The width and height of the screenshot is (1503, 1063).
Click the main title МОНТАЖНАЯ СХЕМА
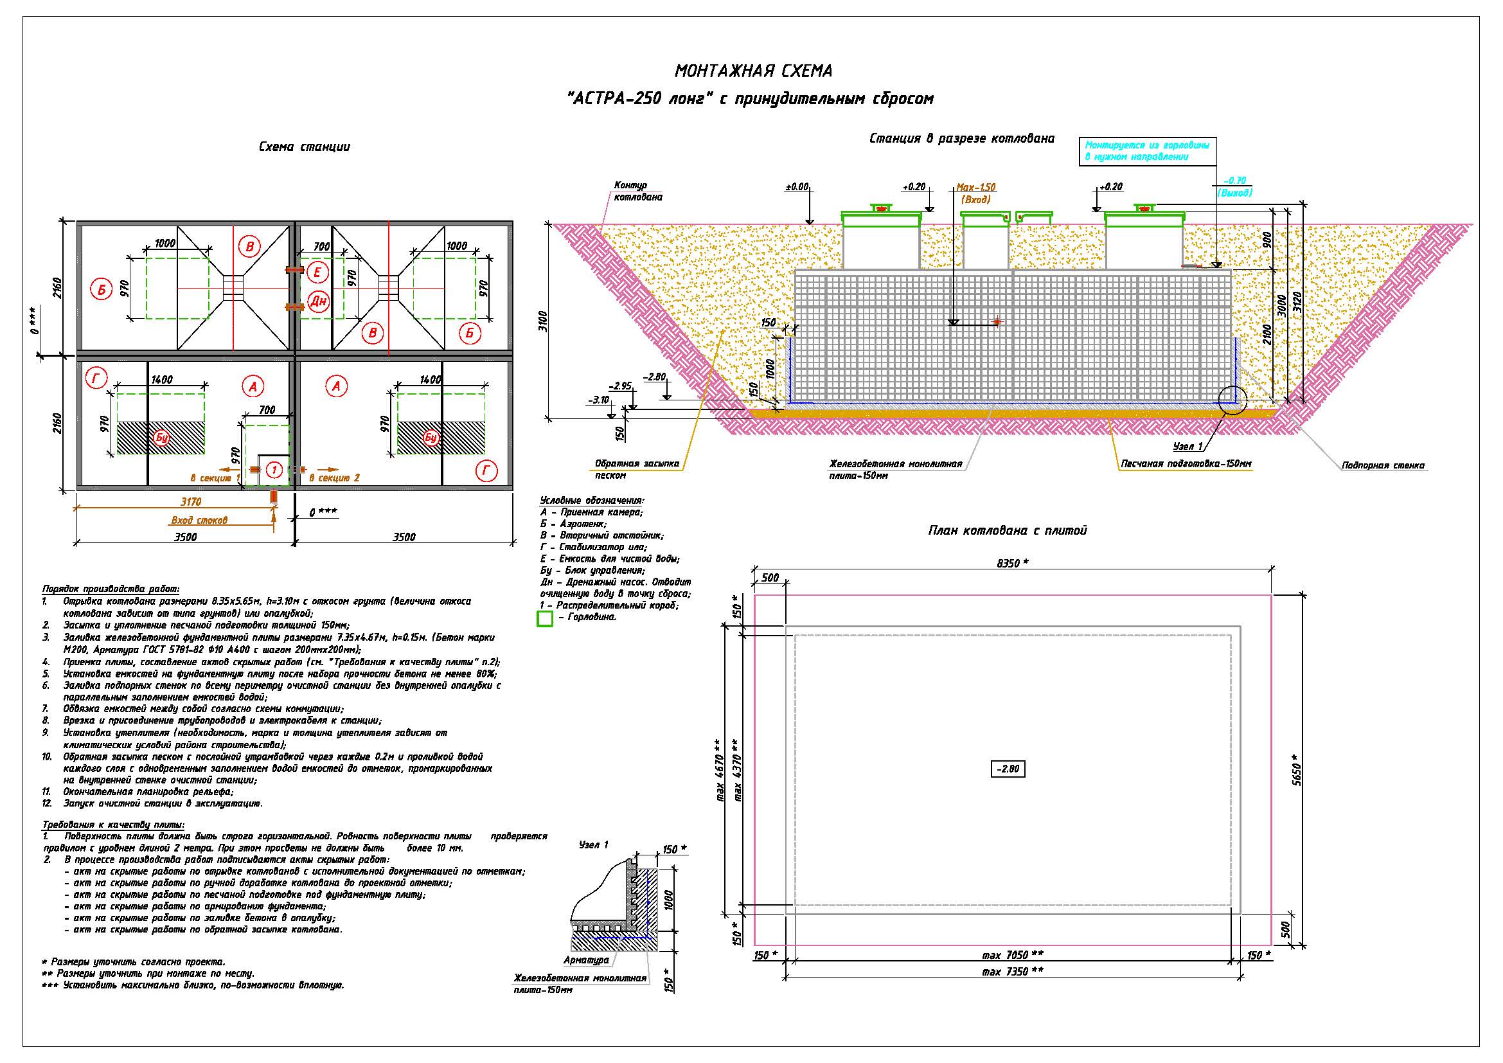pos(754,71)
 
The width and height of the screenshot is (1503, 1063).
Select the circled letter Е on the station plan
pos(317,272)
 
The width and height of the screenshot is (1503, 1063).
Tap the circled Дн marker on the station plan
pos(318,301)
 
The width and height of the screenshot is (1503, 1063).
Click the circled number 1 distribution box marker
pos(275,470)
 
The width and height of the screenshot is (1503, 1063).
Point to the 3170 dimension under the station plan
pos(191,502)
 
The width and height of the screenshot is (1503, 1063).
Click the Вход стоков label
pos(200,521)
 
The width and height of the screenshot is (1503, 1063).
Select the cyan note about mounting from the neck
pos(1147,151)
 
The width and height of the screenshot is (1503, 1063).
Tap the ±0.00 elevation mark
pos(797,187)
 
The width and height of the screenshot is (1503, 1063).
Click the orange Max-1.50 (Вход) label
pos(976,193)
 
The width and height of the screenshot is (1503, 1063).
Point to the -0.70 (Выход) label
pos(1234,187)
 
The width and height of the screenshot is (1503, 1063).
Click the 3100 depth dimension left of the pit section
pos(543,321)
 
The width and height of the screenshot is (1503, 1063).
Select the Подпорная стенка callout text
pos(1383,466)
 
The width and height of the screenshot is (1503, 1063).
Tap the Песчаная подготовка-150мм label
pos(1186,464)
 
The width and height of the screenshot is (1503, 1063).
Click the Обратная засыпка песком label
pos(637,469)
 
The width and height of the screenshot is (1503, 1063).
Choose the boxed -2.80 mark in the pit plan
pos(1008,769)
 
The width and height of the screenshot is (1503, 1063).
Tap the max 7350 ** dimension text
pos(1013,972)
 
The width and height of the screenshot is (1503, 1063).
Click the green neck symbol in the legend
pos(545,618)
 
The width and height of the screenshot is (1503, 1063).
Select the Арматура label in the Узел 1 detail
pos(586,960)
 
